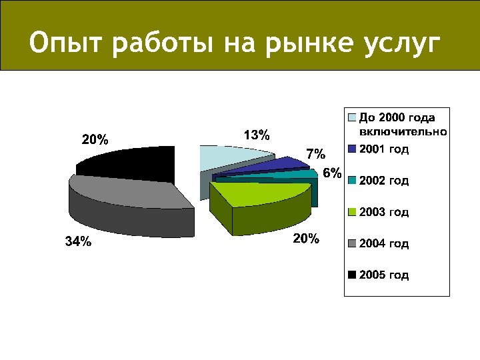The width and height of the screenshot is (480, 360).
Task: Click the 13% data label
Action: (x=257, y=135)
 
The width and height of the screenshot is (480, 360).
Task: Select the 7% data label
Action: (x=315, y=154)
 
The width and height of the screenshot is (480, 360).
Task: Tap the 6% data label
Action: (x=332, y=173)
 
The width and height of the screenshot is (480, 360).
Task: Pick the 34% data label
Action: (x=78, y=242)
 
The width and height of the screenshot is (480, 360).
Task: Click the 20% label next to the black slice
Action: (x=95, y=140)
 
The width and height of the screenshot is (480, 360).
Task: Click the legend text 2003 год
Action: (x=384, y=212)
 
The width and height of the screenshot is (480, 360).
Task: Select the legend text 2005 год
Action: (x=384, y=275)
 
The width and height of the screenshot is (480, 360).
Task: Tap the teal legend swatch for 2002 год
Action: (x=352, y=181)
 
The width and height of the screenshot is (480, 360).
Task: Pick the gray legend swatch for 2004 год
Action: (x=352, y=243)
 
